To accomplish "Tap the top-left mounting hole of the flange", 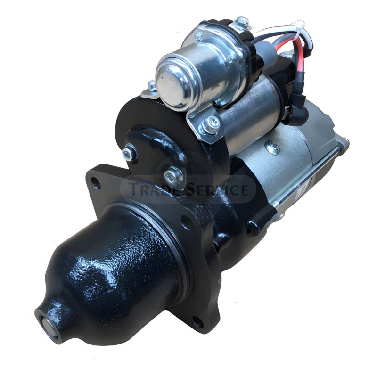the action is tap(97, 183).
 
